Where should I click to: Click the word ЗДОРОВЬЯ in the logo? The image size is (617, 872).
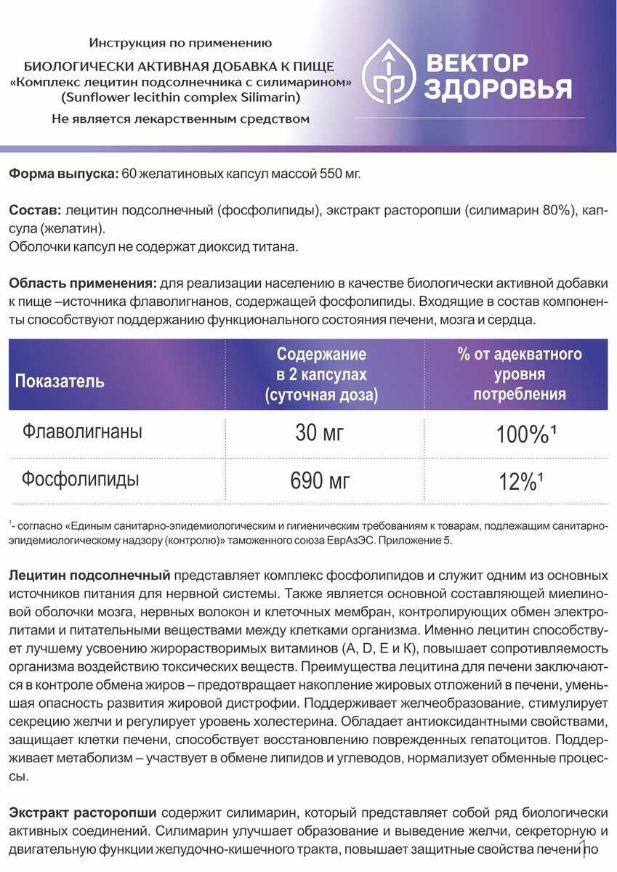tap(498, 89)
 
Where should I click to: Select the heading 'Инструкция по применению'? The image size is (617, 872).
tap(180, 44)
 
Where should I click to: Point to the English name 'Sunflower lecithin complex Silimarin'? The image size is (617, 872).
tap(180, 97)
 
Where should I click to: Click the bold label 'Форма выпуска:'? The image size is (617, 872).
tap(63, 174)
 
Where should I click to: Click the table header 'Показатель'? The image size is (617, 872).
tap(60, 381)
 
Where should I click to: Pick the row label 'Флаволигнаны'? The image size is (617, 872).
tap(82, 432)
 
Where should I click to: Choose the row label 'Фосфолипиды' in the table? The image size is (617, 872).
tap(81, 479)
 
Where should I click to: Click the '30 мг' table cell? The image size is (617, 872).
tap(320, 434)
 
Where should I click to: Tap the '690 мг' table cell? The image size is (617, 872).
tap(320, 481)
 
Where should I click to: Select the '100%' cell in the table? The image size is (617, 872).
tap(521, 435)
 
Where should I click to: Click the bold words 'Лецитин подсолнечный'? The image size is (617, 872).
tap(90, 575)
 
